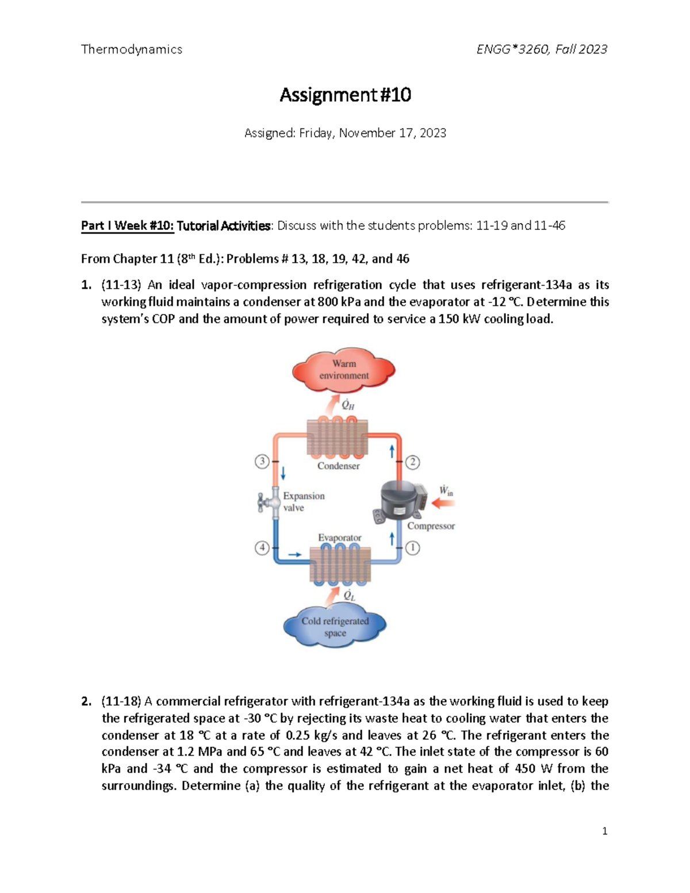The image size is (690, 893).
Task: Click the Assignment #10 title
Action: point(345,95)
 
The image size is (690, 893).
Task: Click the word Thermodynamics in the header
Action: point(132,49)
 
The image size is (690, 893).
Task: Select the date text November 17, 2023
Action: point(392,133)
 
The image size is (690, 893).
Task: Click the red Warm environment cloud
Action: point(344,370)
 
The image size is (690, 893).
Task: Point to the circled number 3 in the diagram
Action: point(262,461)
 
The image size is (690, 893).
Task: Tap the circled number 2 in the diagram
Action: point(412,462)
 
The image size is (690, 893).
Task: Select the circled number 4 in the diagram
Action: point(262,547)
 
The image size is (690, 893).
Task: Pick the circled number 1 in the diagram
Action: point(412,548)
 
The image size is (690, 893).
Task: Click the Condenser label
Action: point(338,466)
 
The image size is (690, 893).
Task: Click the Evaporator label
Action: point(339,538)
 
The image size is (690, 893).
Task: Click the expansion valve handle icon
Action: point(266,502)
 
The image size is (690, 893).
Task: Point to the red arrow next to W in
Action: point(443,504)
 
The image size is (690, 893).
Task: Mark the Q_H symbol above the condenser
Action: point(348,405)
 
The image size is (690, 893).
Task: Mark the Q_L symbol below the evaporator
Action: point(349,595)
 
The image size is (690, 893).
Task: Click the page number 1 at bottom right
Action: point(604,831)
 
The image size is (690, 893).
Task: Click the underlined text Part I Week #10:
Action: point(127,226)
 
